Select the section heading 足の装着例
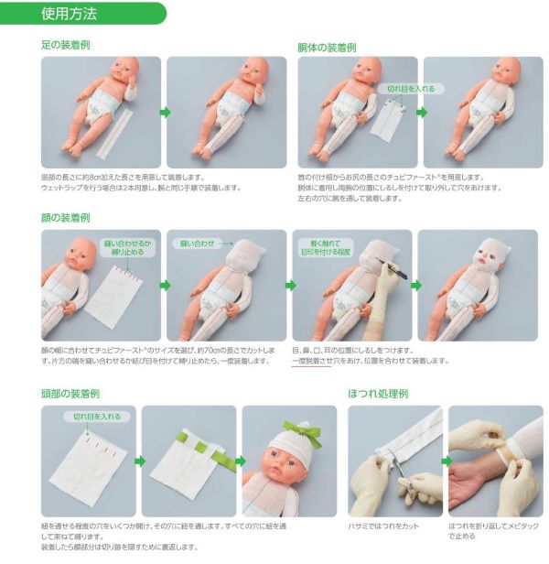(65, 45)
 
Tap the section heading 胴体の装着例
(327, 46)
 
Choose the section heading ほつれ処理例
(378, 393)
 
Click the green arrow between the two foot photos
(166, 112)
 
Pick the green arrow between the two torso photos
(421, 112)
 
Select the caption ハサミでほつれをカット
(384, 525)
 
